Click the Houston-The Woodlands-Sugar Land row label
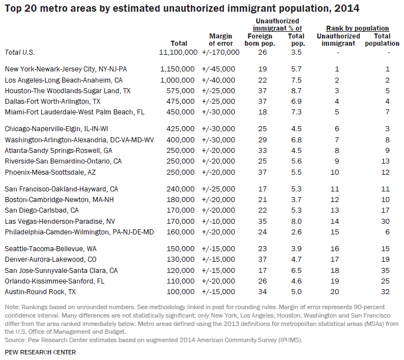coord(68,91)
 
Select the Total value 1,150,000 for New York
coord(177,69)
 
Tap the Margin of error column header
coord(220,40)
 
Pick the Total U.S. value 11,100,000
coord(178,52)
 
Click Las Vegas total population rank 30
coord(385,222)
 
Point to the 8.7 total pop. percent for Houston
coord(296,91)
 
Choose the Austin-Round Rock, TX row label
coord(40,292)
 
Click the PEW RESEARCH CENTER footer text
coord(40,352)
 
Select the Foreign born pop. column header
coord(259,40)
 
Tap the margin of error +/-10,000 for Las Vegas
coord(219,222)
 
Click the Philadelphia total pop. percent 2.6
coord(296,232)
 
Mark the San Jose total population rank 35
coord(385,270)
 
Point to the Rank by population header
coord(358,28)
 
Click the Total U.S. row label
coord(20,52)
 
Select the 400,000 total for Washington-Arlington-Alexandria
coord(180,140)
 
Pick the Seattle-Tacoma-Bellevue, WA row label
coord(50,249)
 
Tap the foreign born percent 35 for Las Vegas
coord(262,222)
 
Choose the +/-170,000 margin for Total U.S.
coord(220,52)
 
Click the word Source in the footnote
coord(15,340)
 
